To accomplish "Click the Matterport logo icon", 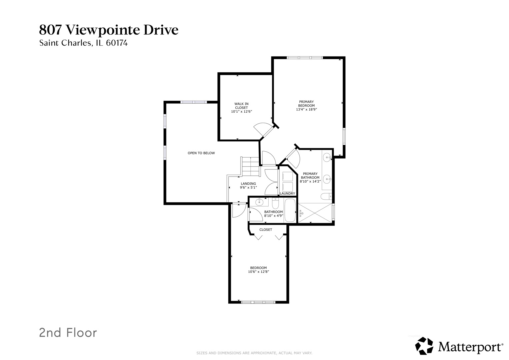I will pos(424,346).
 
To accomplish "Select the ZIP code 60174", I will pos(117,43).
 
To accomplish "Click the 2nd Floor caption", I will pos(68,333).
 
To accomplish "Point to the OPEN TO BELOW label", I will pos(201,153).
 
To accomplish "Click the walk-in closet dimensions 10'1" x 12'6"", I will pos(241,112).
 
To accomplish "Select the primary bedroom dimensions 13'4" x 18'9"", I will pos(306,109).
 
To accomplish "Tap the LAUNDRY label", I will pos(287,194).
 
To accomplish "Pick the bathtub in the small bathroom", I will pos(290,211).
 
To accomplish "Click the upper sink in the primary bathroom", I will pos(327,156).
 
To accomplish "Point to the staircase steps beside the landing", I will pos(250,167).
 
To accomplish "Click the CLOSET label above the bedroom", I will pos(266,230).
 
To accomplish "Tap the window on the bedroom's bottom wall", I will pos(258,302).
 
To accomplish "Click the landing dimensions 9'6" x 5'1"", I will pos(248,188).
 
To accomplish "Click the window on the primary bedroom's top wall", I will pos(305,58).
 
